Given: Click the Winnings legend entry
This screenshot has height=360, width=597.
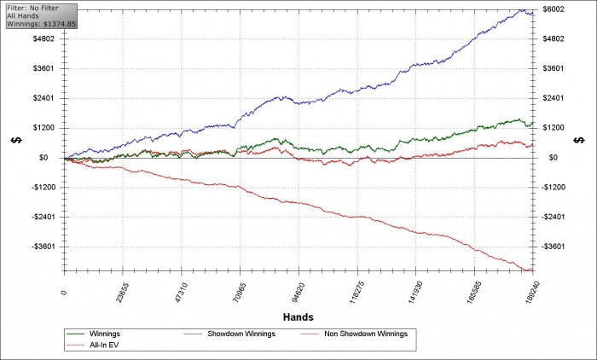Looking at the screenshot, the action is pyautogui.click(x=94, y=334).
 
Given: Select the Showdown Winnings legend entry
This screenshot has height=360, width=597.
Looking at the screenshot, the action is pyautogui.click(x=229, y=334).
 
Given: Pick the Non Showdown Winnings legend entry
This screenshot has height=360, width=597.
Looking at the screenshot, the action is pyautogui.click(x=355, y=334).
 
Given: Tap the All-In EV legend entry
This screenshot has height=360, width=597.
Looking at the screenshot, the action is pyautogui.click(x=93, y=345).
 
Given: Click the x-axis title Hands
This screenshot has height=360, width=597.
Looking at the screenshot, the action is pyautogui.click(x=298, y=317).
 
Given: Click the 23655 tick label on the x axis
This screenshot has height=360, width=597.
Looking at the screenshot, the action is pyautogui.click(x=123, y=292).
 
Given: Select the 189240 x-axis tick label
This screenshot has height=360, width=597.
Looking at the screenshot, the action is pyautogui.click(x=532, y=292).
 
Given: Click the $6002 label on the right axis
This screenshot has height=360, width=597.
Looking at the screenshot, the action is pyautogui.click(x=554, y=9).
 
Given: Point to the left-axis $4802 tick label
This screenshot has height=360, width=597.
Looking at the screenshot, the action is pyautogui.click(x=43, y=39).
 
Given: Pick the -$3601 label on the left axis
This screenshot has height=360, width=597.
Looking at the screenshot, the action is pyautogui.click(x=43, y=247).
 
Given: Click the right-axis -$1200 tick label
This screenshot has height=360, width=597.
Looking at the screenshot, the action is pyautogui.click(x=554, y=187).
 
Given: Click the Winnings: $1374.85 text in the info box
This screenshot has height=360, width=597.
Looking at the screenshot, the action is pyautogui.click(x=42, y=24).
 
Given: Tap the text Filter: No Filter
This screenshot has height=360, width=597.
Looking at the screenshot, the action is pyautogui.click(x=32, y=8).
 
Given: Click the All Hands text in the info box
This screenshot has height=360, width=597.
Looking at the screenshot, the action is pyautogui.click(x=23, y=15).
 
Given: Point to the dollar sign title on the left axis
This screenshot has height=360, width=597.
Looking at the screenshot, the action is pyautogui.click(x=16, y=140).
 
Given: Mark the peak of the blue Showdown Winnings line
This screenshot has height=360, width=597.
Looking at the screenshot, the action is pyautogui.click(x=522, y=9).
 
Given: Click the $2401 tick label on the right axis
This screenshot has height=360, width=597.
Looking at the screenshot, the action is pyautogui.click(x=554, y=98).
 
